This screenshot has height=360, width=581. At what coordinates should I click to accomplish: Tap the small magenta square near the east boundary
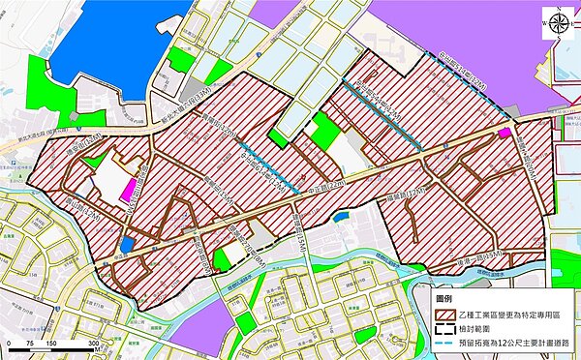click(x=505, y=133)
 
